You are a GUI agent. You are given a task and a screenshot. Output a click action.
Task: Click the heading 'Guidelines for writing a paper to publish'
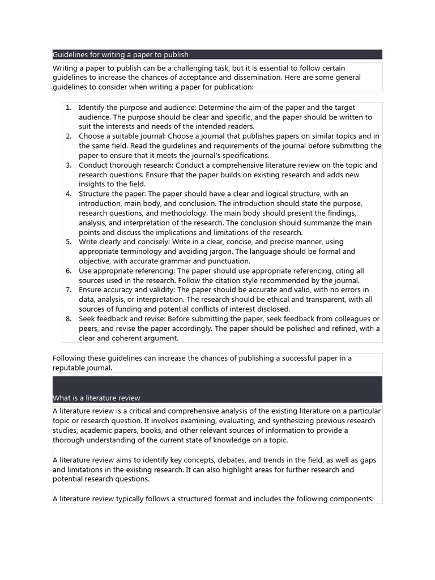[x=121, y=55]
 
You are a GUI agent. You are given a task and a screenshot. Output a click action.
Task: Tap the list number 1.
[x=68, y=108]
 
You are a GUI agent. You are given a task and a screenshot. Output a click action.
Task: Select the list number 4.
[x=68, y=194]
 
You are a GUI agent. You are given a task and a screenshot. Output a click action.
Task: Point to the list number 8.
[x=68, y=319]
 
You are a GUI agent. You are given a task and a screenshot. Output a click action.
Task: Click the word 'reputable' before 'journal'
[x=71, y=368]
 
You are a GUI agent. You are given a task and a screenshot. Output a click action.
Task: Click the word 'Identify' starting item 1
[x=92, y=108]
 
